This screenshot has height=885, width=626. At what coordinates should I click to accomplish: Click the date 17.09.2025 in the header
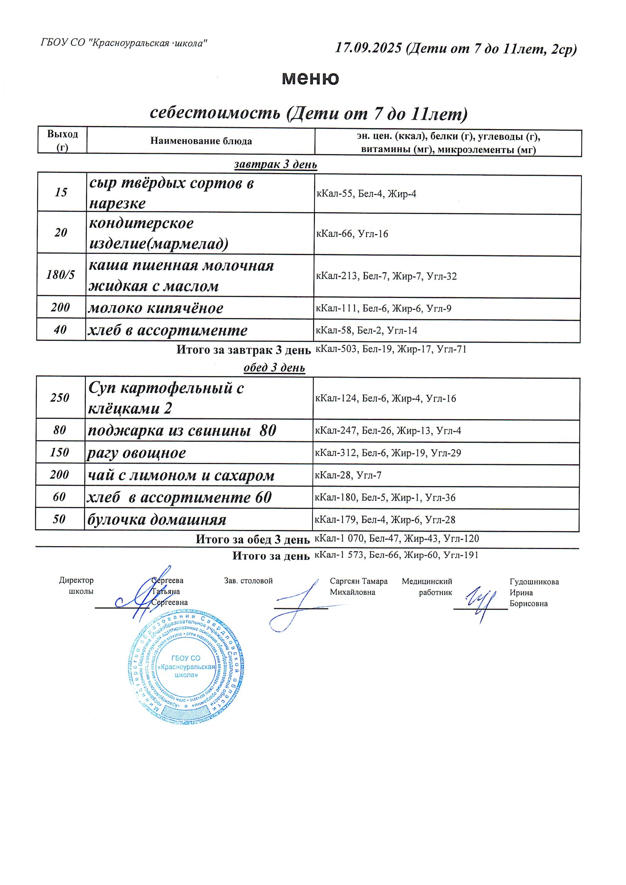click(x=368, y=48)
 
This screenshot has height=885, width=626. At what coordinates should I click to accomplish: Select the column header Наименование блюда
click(x=201, y=141)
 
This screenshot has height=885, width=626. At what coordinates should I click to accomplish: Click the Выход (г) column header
click(x=63, y=140)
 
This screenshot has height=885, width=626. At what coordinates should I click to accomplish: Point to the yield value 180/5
click(x=60, y=275)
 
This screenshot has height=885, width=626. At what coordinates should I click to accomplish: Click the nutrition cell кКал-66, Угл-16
click(x=352, y=234)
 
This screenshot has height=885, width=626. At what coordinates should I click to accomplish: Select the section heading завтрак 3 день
click(x=275, y=165)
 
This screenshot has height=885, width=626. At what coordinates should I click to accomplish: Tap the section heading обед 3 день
click(x=274, y=368)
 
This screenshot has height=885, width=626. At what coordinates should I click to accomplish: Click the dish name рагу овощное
click(x=137, y=453)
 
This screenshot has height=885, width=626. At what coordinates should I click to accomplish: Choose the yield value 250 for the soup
click(x=60, y=398)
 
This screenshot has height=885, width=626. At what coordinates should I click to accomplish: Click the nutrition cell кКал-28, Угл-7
click(x=348, y=475)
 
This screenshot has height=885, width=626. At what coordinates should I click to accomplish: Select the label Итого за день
click(x=271, y=556)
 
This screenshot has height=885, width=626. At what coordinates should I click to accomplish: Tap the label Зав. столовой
click(x=248, y=581)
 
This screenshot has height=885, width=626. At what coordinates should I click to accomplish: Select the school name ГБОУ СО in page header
click(x=63, y=43)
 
